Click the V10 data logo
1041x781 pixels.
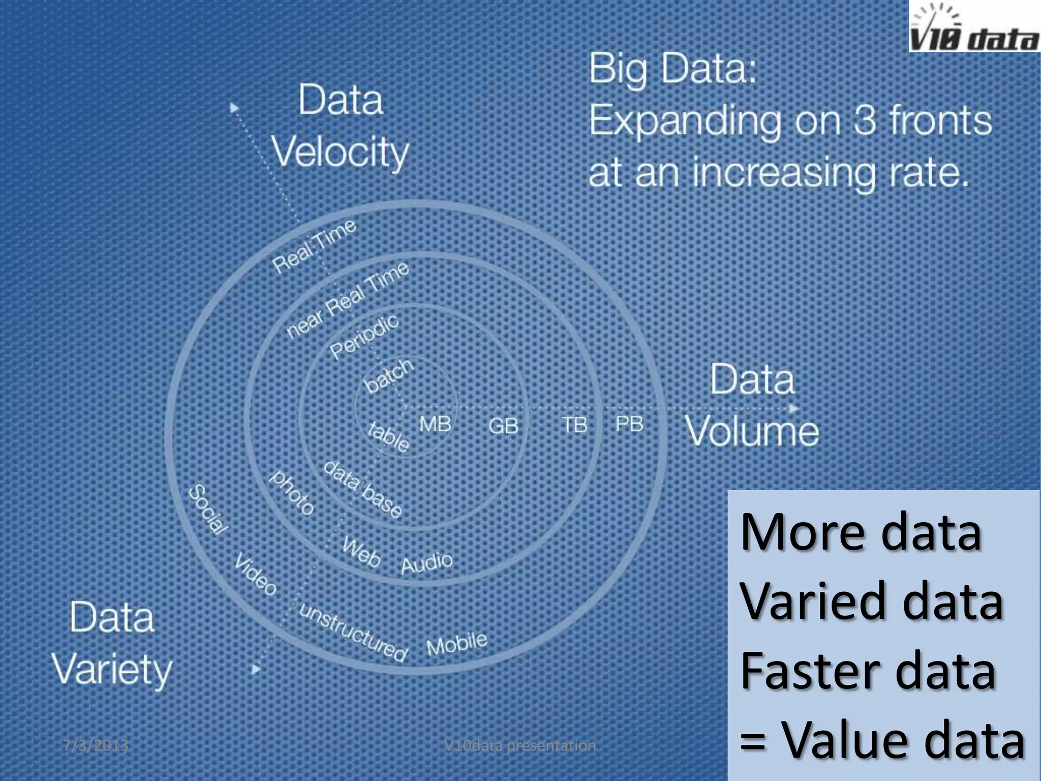pyautogui.click(x=974, y=26)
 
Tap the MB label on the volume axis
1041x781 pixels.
pyautogui.click(x=435, y=424)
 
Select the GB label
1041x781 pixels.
pyautogui.click(x=503, y=426)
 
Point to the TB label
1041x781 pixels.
pyautogui.click(x=574, y=425)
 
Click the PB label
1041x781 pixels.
pyautogui.click(x=629, y=424)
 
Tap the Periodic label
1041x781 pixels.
pyautogui.click(x=364, y=336)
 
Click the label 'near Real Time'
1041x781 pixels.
pyautogui.click(x=348, y=299)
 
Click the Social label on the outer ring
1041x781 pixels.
pyautogui.click(x=208, y=510)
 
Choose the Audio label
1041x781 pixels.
pyautogui.click(x=426, y=563)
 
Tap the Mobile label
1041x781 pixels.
pyautogui.click(x=456, y=644)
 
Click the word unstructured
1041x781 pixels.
pyautogui.click(x=353, y=632)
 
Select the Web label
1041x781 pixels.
pyautogui.click(x=361, y=552)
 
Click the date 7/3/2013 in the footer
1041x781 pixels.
pyautogui.click(x=95, y=745)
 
